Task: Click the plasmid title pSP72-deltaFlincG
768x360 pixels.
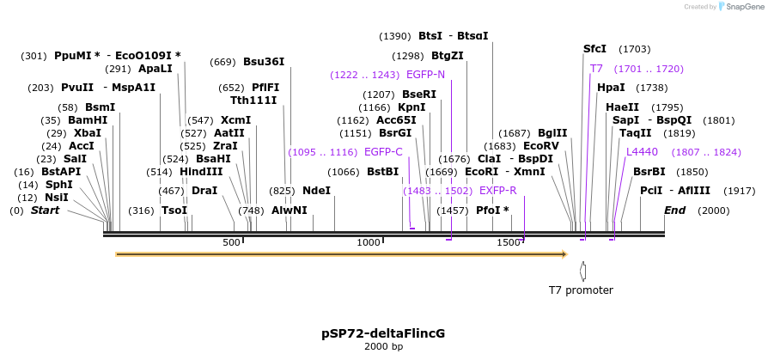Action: (383, 333)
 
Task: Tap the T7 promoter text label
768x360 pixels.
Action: (582, 290)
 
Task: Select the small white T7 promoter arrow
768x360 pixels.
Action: (583, 271)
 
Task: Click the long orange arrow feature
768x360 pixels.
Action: (341, 254)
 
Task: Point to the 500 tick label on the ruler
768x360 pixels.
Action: (232, 243)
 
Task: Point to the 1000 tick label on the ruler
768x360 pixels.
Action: (369, 243)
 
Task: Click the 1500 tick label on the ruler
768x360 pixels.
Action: (509, 243)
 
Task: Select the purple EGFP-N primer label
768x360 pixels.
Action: (426, 75)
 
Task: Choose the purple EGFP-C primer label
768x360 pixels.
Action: (383, 152)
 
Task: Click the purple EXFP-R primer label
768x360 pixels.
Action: (498, 191)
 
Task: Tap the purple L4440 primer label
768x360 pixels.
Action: (642, 152)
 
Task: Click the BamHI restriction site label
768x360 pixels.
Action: (88, 120)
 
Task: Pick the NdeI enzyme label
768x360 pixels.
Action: (316, 191)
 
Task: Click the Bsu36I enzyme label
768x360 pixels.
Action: (264, 62)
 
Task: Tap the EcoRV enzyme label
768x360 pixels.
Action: (541, 146)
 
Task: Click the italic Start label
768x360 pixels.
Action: (46, 211)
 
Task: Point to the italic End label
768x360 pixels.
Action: (675, 211)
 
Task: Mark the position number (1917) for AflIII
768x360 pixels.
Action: (739, 191)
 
